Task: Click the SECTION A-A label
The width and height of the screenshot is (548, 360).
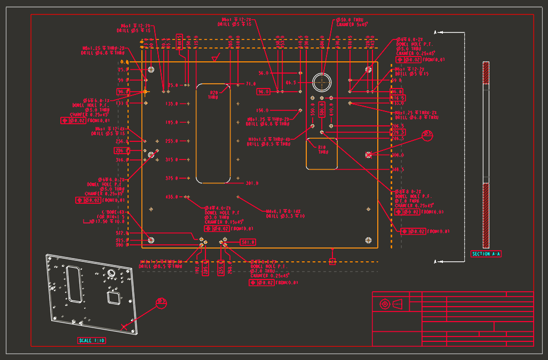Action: click(x=486, y=254)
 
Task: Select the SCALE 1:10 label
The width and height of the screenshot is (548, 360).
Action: click(x=92, y=340)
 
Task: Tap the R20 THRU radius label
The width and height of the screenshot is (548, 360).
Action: click(x=213, y=94)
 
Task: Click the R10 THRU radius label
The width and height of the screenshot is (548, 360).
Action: click(x=322, y=149)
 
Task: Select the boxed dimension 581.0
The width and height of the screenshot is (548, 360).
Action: click(x=248, y=242)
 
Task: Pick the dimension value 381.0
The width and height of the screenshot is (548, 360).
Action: click(x=251, y=183)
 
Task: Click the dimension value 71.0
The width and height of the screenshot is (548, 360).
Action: click(x=251, y=84)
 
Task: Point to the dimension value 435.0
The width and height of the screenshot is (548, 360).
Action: click(x=171, y=197)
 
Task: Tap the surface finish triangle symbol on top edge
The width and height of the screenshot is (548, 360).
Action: click(x=215, y=58)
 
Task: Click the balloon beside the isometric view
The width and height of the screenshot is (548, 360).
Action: click(x=162, y=303)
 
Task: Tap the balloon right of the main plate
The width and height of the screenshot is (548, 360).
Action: click(x=427, y=136)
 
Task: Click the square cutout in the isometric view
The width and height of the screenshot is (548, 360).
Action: click(x=113, y=297)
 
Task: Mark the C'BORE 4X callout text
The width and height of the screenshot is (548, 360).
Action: click(x=105, y=217)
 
